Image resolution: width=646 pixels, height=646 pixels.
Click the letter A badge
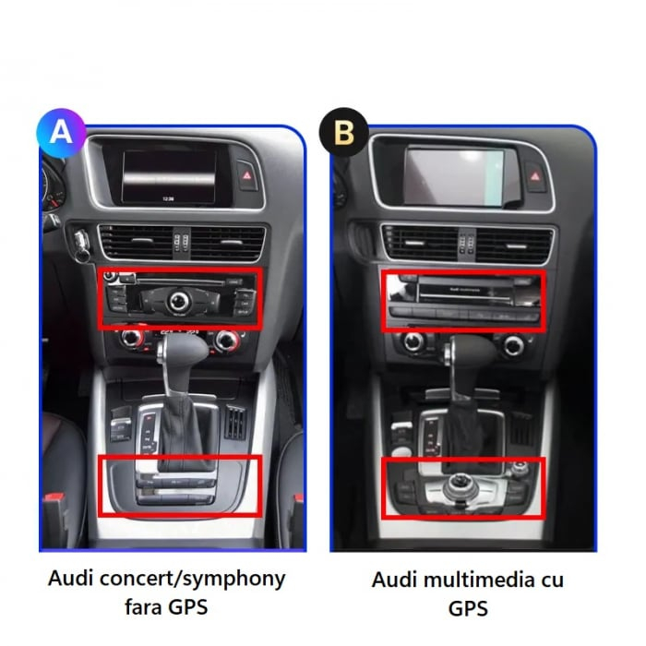pyautogui.click(x=61, y=131)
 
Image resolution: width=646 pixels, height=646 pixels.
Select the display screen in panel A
pyautogui.click(x=169, y=177)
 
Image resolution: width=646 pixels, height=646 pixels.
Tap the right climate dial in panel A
pyautogui.click(x=224, y=341)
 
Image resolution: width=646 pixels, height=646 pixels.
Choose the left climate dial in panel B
pyautogui.click(x=413, y=344)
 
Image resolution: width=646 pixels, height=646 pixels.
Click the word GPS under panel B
pyautogui.click(x=467, y=610)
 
